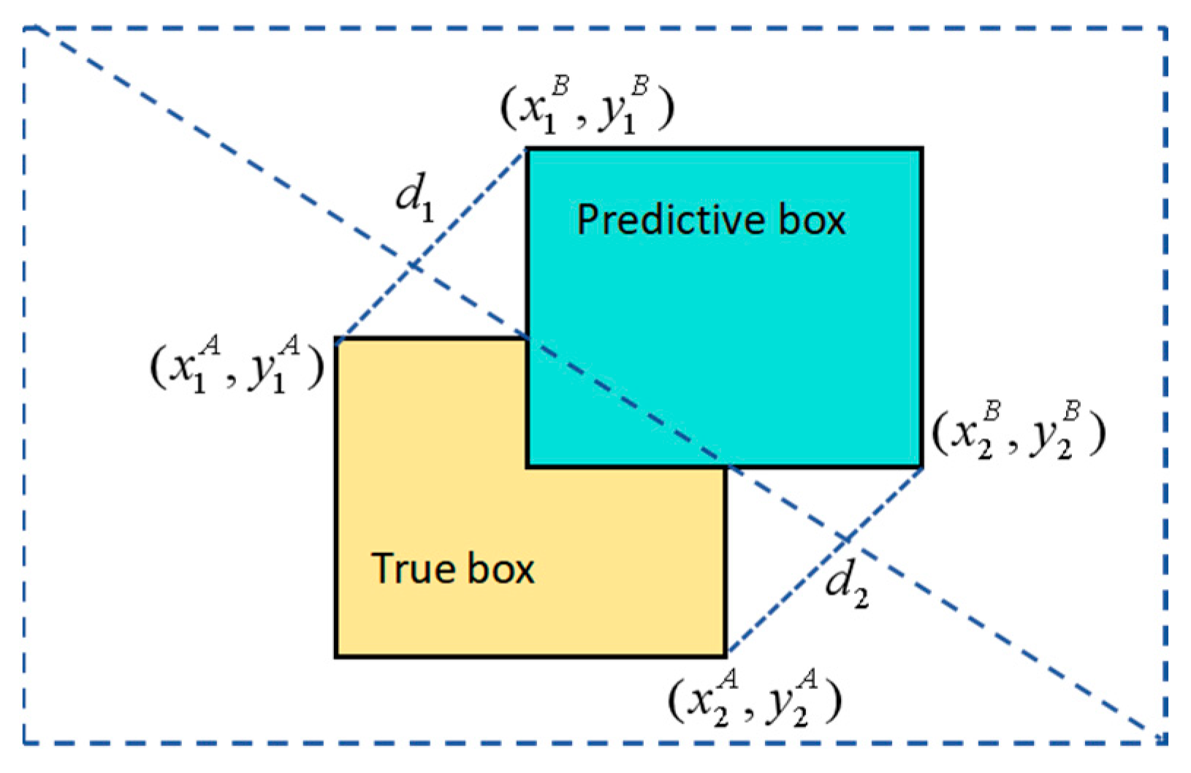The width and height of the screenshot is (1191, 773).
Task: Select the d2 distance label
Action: click(x=846, y=587)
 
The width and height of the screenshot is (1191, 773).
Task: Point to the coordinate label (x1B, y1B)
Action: click(x=587, y=107)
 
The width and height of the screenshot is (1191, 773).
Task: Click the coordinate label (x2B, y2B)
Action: click(x=1019, y=433)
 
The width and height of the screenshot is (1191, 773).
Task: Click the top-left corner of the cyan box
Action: click(x=528, y=150)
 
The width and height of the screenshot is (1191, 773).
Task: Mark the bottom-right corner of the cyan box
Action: click(x=921, y=465)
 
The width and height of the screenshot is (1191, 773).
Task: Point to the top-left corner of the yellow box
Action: click(x=336, y=340)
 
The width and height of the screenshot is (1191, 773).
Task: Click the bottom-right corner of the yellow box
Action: click(x=726, y=655)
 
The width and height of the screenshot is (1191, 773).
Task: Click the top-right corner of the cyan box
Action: click(x=921, y=150)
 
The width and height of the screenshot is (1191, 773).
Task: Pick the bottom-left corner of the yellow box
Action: click(x=336, y=655)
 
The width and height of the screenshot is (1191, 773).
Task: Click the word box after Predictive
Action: click(x=811, y=220)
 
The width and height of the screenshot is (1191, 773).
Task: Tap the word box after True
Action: click(x=501, y=568)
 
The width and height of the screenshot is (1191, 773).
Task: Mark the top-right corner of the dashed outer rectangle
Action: click(x=1165, y=29)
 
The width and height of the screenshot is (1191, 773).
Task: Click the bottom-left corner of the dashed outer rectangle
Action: click(x=25, y=742)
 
